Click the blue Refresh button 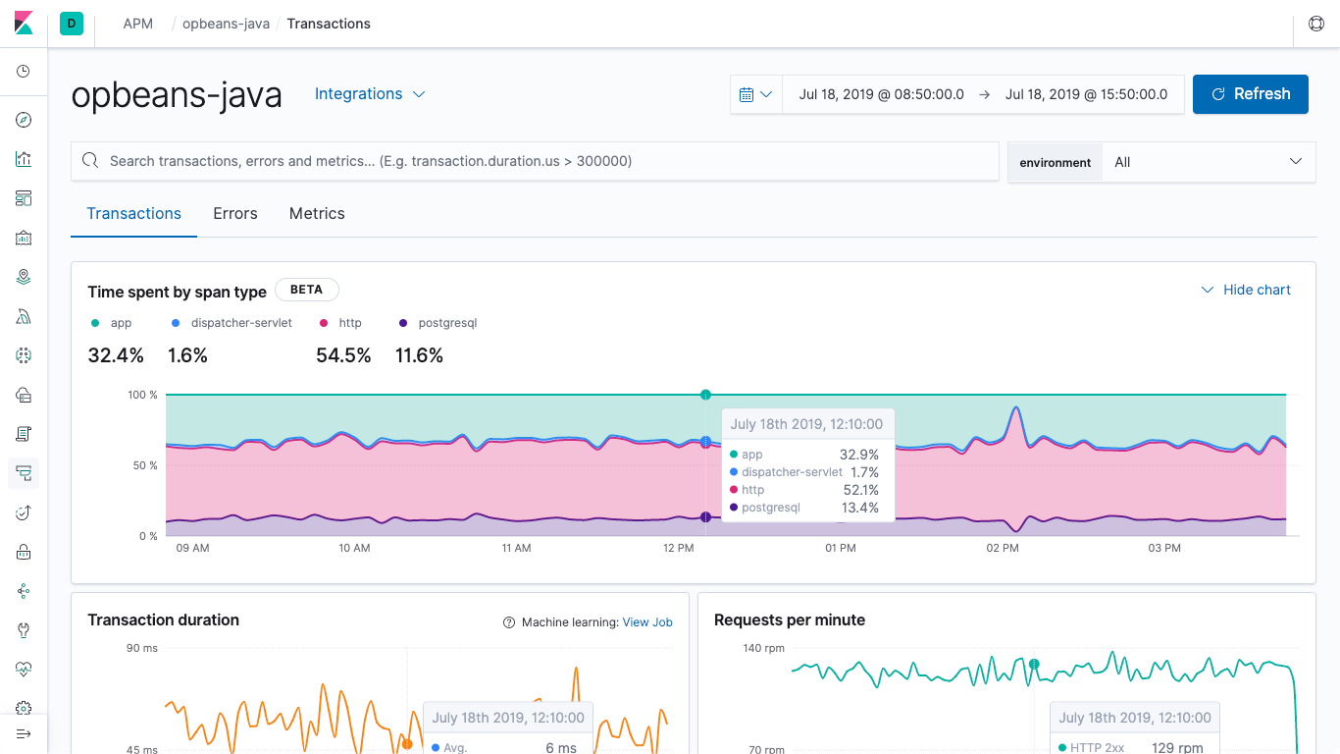pos(1250,94)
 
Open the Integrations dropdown pos(369,94)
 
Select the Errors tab pos(235,214)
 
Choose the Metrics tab pos(317,214)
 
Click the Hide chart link pos(1247,290)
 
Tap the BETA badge pos(306,290)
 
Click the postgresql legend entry pos(446,323)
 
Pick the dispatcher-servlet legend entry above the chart pos(240,323)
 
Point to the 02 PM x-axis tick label pos(1003,548)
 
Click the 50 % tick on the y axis pos(142,465)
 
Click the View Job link pos(647,622)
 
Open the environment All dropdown pos(1209,162)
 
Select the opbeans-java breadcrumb pos(226,24)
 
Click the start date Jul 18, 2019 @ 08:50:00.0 pos(881,94)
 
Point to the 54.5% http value pos(343,356)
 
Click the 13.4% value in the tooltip pos(859,508)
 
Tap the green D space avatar pos(72,24)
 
